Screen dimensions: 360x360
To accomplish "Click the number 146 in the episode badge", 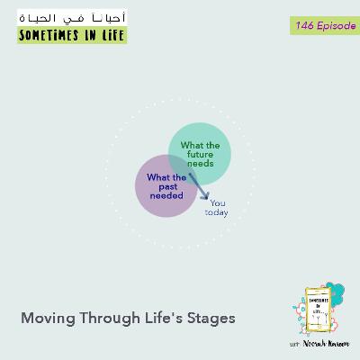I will click(x=302, y=26).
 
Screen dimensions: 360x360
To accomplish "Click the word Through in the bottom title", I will click(x=103, y=318).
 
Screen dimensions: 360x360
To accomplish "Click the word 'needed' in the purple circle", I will click(x=166, y=194).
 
